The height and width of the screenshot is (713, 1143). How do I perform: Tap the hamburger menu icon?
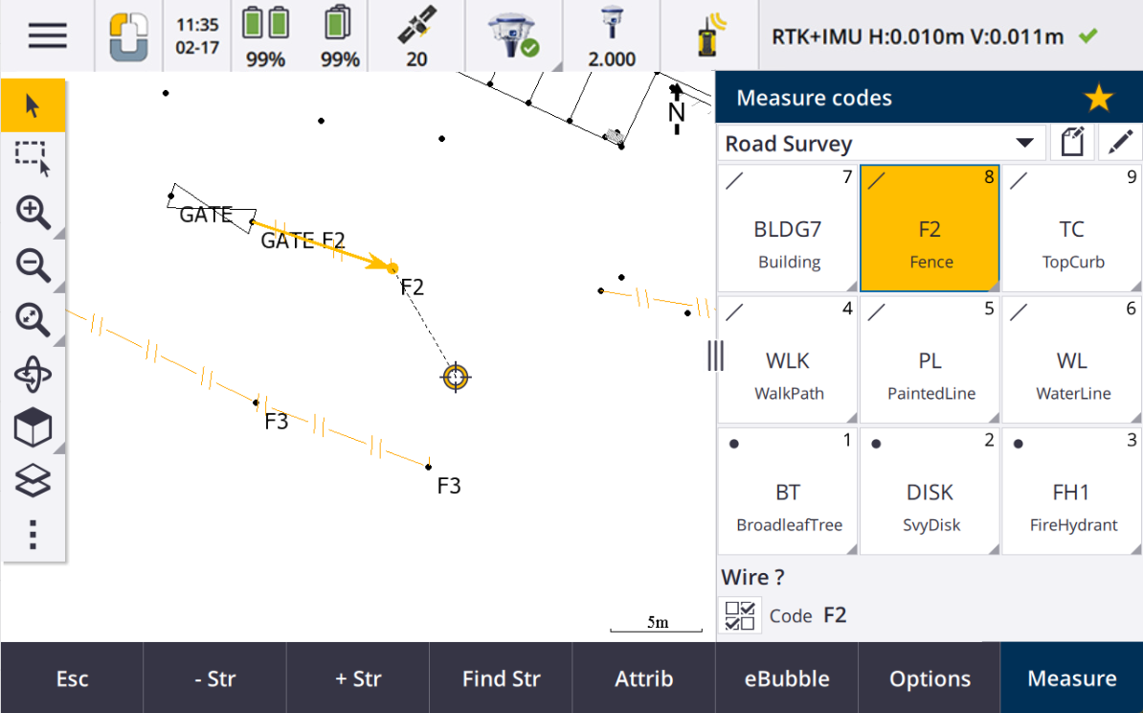coord(47,35)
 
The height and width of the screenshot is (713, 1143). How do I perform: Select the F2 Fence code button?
coord(930,228)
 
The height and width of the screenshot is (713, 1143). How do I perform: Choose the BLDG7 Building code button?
coord(787,228)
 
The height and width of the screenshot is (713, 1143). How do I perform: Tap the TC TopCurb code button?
coord(1071,228)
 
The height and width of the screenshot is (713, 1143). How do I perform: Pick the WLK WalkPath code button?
coord(787,359)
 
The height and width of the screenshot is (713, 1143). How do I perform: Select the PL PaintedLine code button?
coord(930,359)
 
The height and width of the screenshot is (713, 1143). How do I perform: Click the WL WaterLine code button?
coord(1071,359)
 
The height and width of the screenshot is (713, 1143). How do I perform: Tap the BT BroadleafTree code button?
coord(787,491)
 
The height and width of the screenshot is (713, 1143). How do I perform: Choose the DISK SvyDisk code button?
coord(930,491)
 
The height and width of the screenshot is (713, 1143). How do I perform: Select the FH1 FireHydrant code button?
coord(1071,491)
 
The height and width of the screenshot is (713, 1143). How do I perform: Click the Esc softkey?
coord(72,678)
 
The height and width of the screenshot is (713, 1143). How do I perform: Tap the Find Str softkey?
coord(501,678)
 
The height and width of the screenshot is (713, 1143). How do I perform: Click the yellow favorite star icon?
coord(1098,98)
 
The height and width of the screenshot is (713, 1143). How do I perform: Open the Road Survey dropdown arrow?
coord(1024,143)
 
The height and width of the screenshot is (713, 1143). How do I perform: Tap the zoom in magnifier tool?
coord(33,213)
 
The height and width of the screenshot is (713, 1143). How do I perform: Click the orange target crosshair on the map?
coord(456,378)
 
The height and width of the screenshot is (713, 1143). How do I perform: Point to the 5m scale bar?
coord(656,628)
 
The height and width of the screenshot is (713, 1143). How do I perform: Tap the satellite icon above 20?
coord(417,25)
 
